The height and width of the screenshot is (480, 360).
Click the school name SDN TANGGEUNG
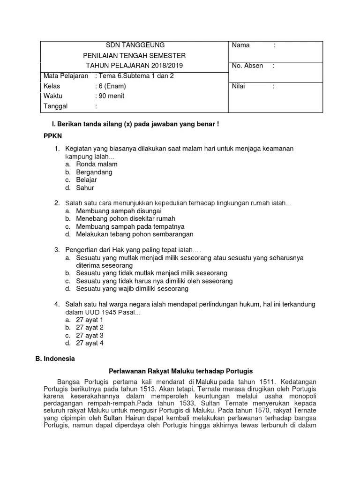tap(135, 45)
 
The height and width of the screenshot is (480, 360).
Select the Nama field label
tap(240, 45)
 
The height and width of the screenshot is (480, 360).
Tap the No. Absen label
tap(247, 66)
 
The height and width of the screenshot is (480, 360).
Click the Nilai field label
tap(239, 86)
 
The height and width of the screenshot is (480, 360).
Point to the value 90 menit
tap(111, 96)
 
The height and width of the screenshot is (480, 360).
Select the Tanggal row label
tap(56, 106)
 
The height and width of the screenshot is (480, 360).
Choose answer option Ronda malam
tap(97, 165)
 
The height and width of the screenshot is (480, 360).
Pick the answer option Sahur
tap(85, 188)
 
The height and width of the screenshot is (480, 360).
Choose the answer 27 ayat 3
tap(90, 335)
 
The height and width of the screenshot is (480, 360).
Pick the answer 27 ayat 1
tap(90, 320)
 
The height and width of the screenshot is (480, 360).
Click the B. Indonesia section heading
tap(55, 359)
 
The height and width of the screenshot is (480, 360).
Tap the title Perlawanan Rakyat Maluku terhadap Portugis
tap(180, 370)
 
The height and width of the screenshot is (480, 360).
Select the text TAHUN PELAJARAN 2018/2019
tap(135, 66)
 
